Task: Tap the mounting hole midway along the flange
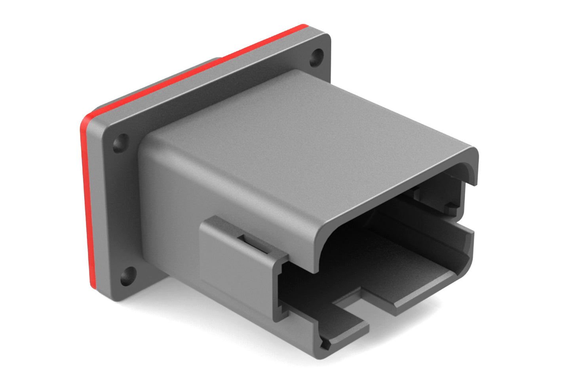tap(121, 143)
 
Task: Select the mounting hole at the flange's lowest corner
tap(127, 276)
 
